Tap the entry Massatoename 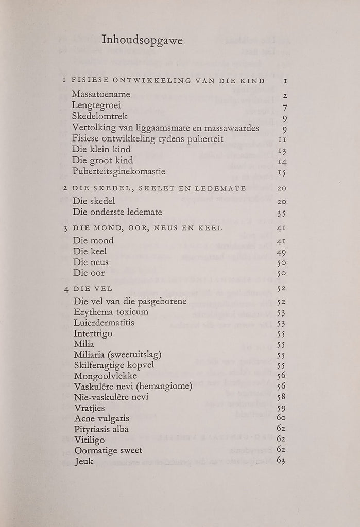(101, 95)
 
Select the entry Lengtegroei (97, 106)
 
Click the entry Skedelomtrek (100, 117)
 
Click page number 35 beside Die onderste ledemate (281, 212)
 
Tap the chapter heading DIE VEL (90, 289)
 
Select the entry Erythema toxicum (111, 312)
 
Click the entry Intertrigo (93, 333)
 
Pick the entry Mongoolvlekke (105, 376)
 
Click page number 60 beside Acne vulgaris (281, 418)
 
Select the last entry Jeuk (84, 461)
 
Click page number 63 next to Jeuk (281, 461)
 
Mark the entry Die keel (90, 252)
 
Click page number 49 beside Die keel (281, 252)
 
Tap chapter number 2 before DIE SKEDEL (65, 188)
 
